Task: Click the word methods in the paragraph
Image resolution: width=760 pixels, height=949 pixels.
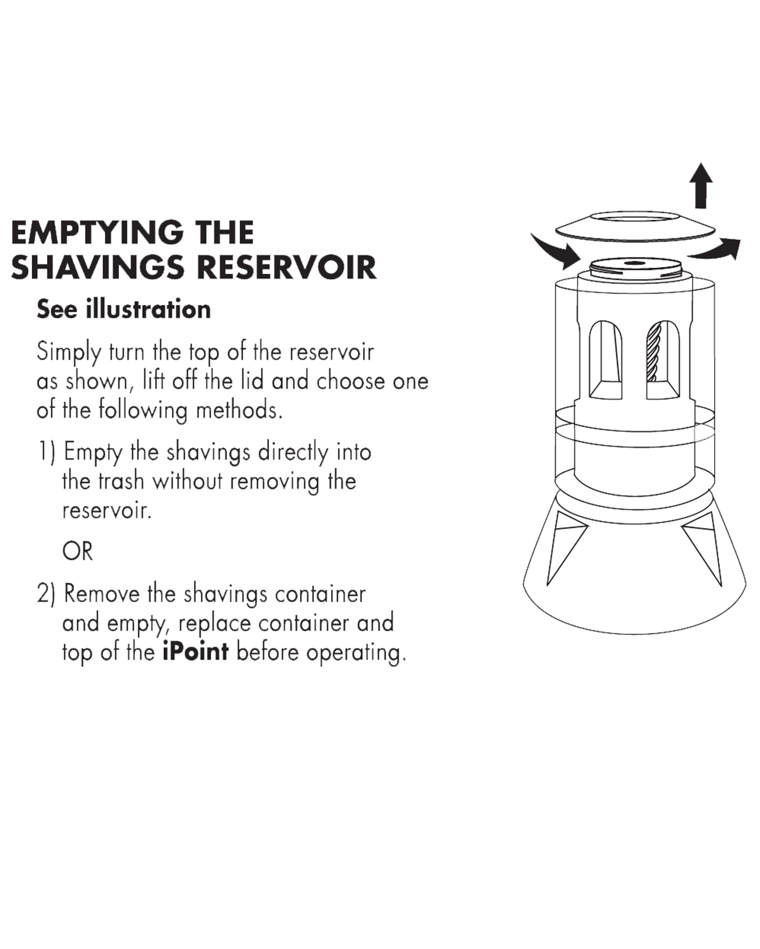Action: [x=238, y=410]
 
